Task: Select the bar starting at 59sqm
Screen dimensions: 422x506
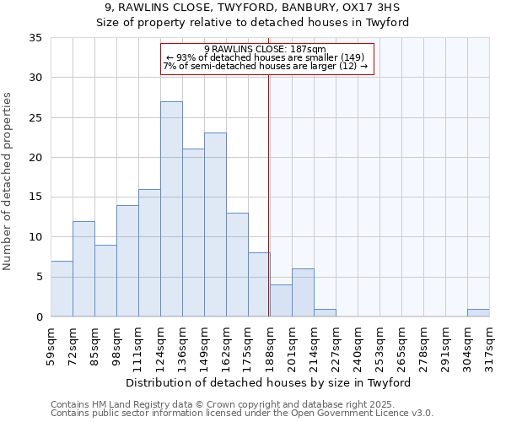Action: [62, 289]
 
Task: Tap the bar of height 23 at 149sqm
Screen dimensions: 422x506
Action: [215, 225]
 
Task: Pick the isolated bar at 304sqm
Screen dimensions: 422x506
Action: [478, 312]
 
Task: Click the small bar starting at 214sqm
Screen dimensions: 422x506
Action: [325, 312]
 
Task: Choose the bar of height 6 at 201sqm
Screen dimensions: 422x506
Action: [303, 293]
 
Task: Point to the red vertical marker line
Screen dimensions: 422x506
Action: [268, 194]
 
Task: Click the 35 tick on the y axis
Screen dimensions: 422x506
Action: [35, 38]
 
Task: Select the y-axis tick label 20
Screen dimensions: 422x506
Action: [35, 158]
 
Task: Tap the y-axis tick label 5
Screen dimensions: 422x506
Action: [39, 278]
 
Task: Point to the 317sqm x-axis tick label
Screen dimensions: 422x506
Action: [490, 346]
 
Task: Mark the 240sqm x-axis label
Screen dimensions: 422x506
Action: [358, 346]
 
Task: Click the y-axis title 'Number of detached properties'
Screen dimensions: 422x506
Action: [8, 181]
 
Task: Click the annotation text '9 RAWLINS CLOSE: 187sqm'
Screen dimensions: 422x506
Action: [265, 49]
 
